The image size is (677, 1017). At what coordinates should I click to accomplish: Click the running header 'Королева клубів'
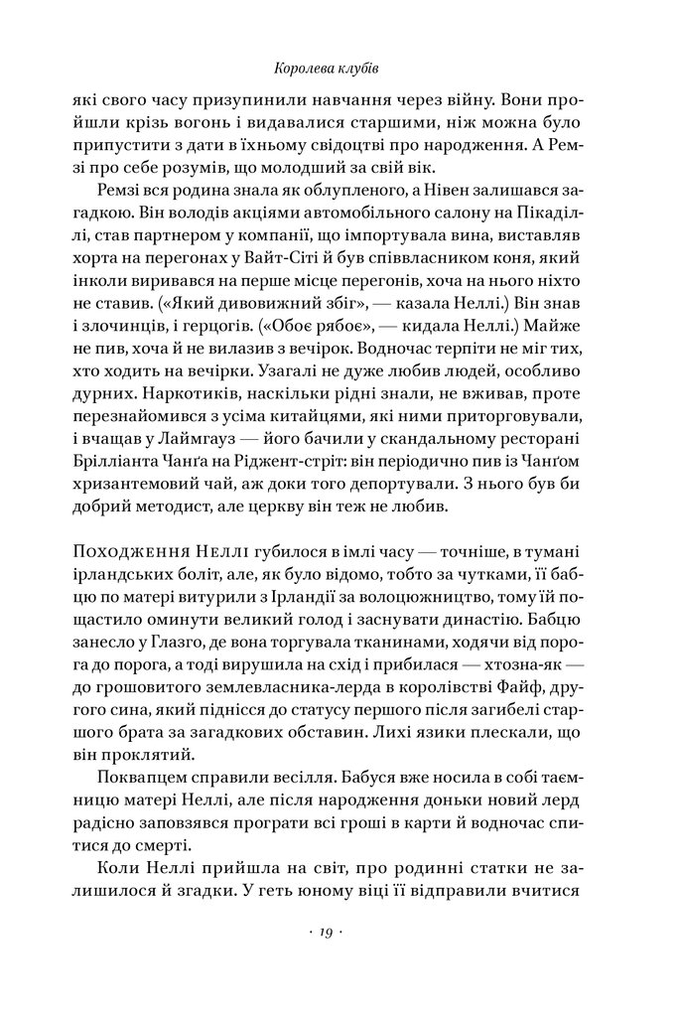pyautogui.click(x=338, y=70)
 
